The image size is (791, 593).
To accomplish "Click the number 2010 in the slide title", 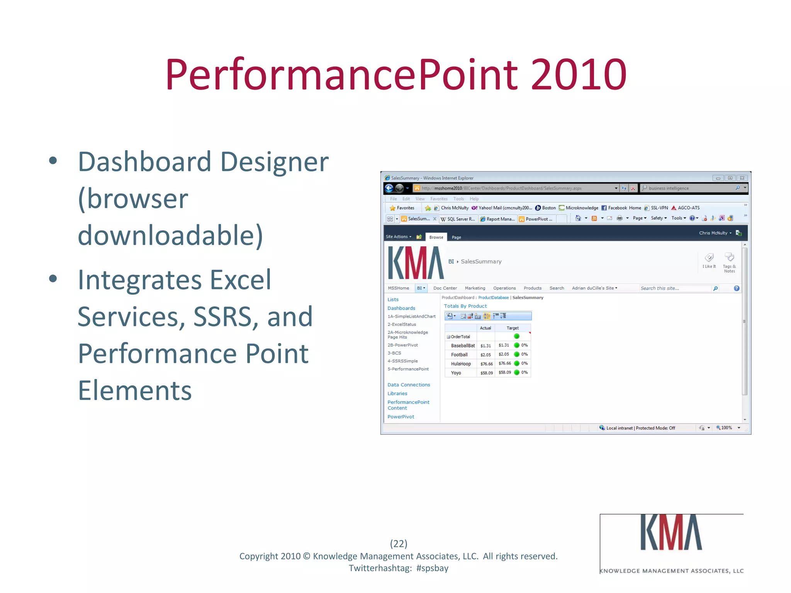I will point(578,75).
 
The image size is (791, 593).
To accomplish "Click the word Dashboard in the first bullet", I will point(144,162).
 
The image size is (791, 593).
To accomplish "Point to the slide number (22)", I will point(398,544).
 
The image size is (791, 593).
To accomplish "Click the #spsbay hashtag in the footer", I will point(432,568).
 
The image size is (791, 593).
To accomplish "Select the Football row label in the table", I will point(459,355).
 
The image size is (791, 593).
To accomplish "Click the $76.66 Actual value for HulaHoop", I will point(486,364).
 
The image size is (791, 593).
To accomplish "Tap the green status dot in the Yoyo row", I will point(517,373).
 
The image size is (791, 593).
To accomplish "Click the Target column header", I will point(513,328).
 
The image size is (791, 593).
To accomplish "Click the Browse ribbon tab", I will point(436,237).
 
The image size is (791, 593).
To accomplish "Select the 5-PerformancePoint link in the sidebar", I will point(408,369).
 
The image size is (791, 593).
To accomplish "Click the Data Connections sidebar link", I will point(409,385).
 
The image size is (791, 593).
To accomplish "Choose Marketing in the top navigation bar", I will point(475,288).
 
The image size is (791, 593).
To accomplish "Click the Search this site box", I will point(674,288).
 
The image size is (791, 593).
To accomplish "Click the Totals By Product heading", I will point(465,306).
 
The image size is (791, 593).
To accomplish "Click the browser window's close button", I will point(742,178).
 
